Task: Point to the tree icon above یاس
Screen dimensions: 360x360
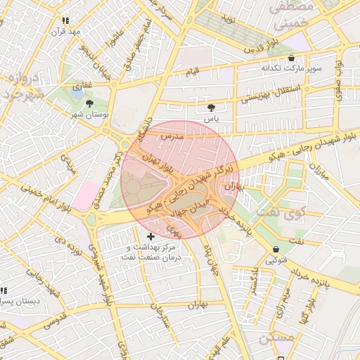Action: point(211,108)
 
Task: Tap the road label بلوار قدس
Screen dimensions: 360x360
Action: point(262,50)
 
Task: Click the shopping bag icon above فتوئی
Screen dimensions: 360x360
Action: point(275,249)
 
